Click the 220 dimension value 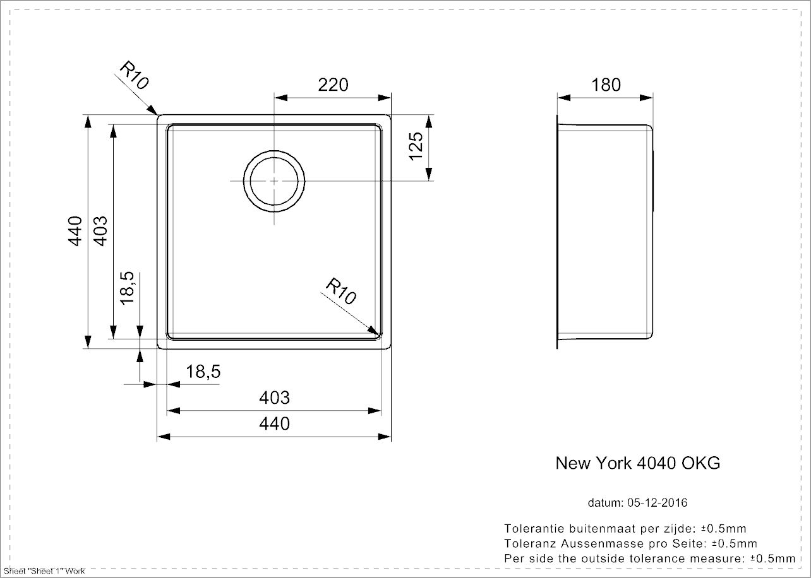[333, 85]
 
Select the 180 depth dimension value [606, 85]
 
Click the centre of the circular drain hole [273, 180]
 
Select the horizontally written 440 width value [275, 423]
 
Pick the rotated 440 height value [75, 231]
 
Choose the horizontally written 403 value [275, 398]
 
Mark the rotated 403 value [100, 231]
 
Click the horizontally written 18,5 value [203, 372]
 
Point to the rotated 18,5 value [127, 288]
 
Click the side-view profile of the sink [604, 231]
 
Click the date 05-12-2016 [658, 503]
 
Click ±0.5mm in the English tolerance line [772, 558]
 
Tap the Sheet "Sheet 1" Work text [44, 571]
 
